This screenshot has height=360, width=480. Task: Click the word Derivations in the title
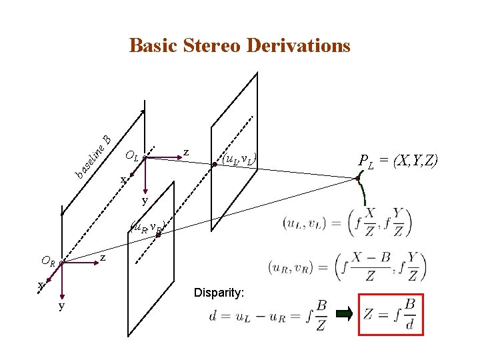[x=298, y=45]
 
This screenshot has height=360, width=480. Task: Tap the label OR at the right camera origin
[x=48, y=261]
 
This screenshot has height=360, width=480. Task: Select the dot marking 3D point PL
[x=358, y=178]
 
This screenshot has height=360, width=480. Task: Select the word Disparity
[x=219, y=293]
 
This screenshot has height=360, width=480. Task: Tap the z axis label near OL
[x=186, y=153]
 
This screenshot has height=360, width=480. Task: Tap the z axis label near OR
[x=103, y=257]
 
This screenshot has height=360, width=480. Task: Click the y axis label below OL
[x=144, y=200]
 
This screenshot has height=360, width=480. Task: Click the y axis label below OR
[x=61, y=305]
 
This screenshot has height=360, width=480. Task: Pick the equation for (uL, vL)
[x=347, y=222]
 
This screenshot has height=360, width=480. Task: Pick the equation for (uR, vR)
[x=347, y=267]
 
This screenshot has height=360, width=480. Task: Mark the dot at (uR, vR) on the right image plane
[x=158, y=235]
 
